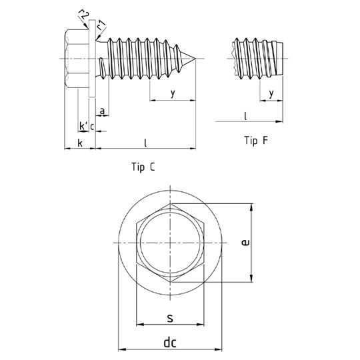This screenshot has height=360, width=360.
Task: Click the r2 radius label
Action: coord(83,15)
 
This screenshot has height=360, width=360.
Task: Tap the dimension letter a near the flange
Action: coord(103,111)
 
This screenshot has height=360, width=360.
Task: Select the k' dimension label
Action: coord(84,126)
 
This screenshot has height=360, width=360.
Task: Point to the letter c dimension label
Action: coord(92,127)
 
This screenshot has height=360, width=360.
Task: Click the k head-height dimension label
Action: coord(80,143)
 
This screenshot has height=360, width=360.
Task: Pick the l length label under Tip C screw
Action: coord(145,143)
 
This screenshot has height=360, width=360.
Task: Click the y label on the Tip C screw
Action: coord(173,93)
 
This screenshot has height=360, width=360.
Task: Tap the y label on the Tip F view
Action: coord(271,93)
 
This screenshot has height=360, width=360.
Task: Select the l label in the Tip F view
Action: coord(245,116)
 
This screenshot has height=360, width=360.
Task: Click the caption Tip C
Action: coord(143,167)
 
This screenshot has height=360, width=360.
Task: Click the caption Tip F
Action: coord(256,140)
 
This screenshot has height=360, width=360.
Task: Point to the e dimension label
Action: coord(245,243)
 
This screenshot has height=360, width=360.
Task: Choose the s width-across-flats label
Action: coord(170,318)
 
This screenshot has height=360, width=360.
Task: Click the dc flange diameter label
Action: coord(170,343)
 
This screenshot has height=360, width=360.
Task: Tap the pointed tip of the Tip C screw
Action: coord(195,59)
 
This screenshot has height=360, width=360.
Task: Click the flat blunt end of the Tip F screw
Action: coord(283,59)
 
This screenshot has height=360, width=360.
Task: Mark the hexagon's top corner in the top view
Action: coord(170,203)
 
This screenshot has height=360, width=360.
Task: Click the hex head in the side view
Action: coord(77,59)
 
